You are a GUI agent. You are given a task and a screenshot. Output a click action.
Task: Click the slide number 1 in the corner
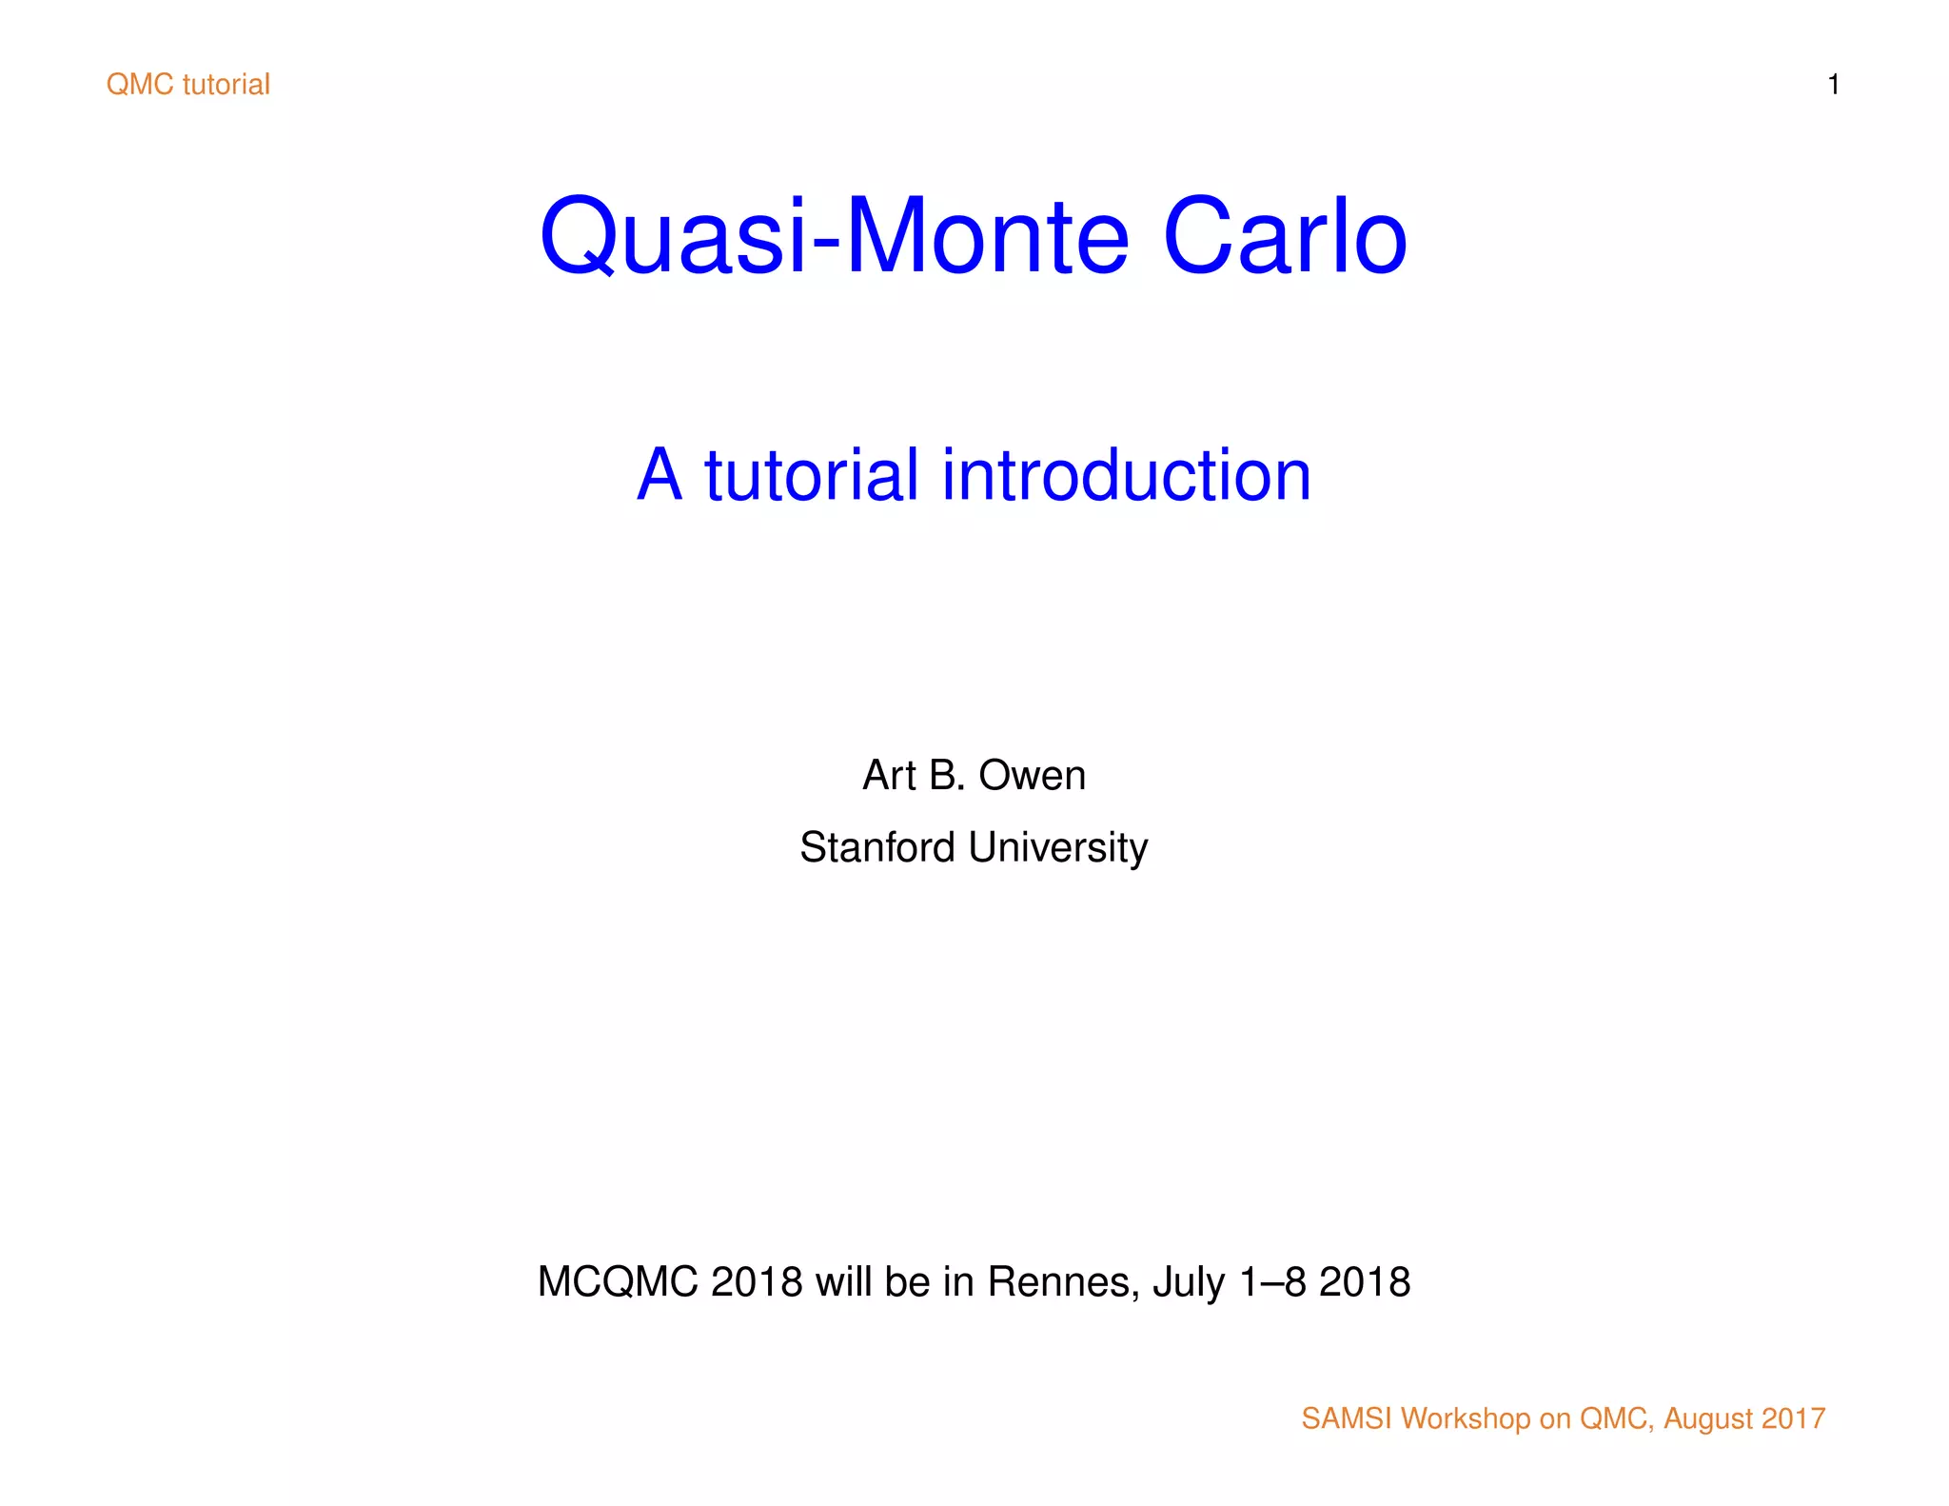click(1833, 85)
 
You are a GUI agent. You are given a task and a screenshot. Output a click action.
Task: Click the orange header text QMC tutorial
click(188, 85)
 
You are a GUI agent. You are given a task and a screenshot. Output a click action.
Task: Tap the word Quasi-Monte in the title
click(834, 237)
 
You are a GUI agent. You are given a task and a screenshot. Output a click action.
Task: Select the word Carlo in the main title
click(1284, 237)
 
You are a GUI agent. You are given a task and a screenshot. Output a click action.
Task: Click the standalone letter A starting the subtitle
click(659, 475)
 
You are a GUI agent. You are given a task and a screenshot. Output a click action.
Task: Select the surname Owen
click(1032, 776)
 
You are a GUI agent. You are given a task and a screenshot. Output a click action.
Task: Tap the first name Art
click(889, 776)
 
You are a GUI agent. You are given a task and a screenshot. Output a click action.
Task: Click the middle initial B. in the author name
click(947, 776)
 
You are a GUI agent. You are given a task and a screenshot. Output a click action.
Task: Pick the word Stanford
click(876, 847)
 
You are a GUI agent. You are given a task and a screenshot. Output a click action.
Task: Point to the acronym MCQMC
click(618, 1282)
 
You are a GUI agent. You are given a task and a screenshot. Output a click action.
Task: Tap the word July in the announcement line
click(1189, 1282)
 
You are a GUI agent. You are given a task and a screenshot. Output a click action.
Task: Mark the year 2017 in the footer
click(1793, 1418)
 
